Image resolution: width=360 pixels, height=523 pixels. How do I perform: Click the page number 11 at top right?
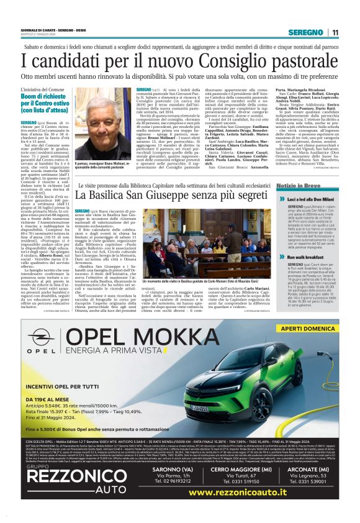335,33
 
